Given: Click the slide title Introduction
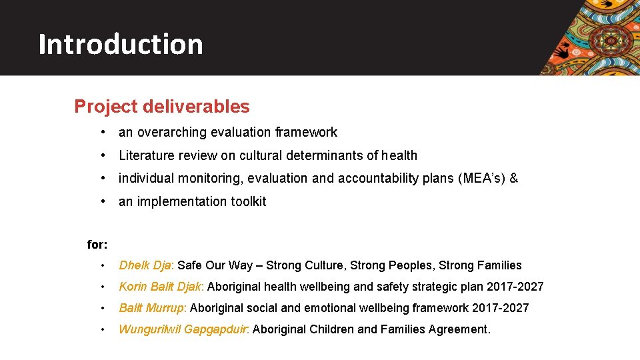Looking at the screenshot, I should click(121, 44).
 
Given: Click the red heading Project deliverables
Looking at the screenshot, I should click(162, 107).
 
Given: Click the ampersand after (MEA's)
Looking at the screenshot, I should click(514, 178).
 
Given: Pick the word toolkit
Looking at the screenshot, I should click(248, 201).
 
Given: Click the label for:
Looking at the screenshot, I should click(97, 245).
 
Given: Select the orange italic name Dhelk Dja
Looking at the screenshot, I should click(145, 265).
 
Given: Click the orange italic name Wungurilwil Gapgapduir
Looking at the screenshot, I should click(183, 329).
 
